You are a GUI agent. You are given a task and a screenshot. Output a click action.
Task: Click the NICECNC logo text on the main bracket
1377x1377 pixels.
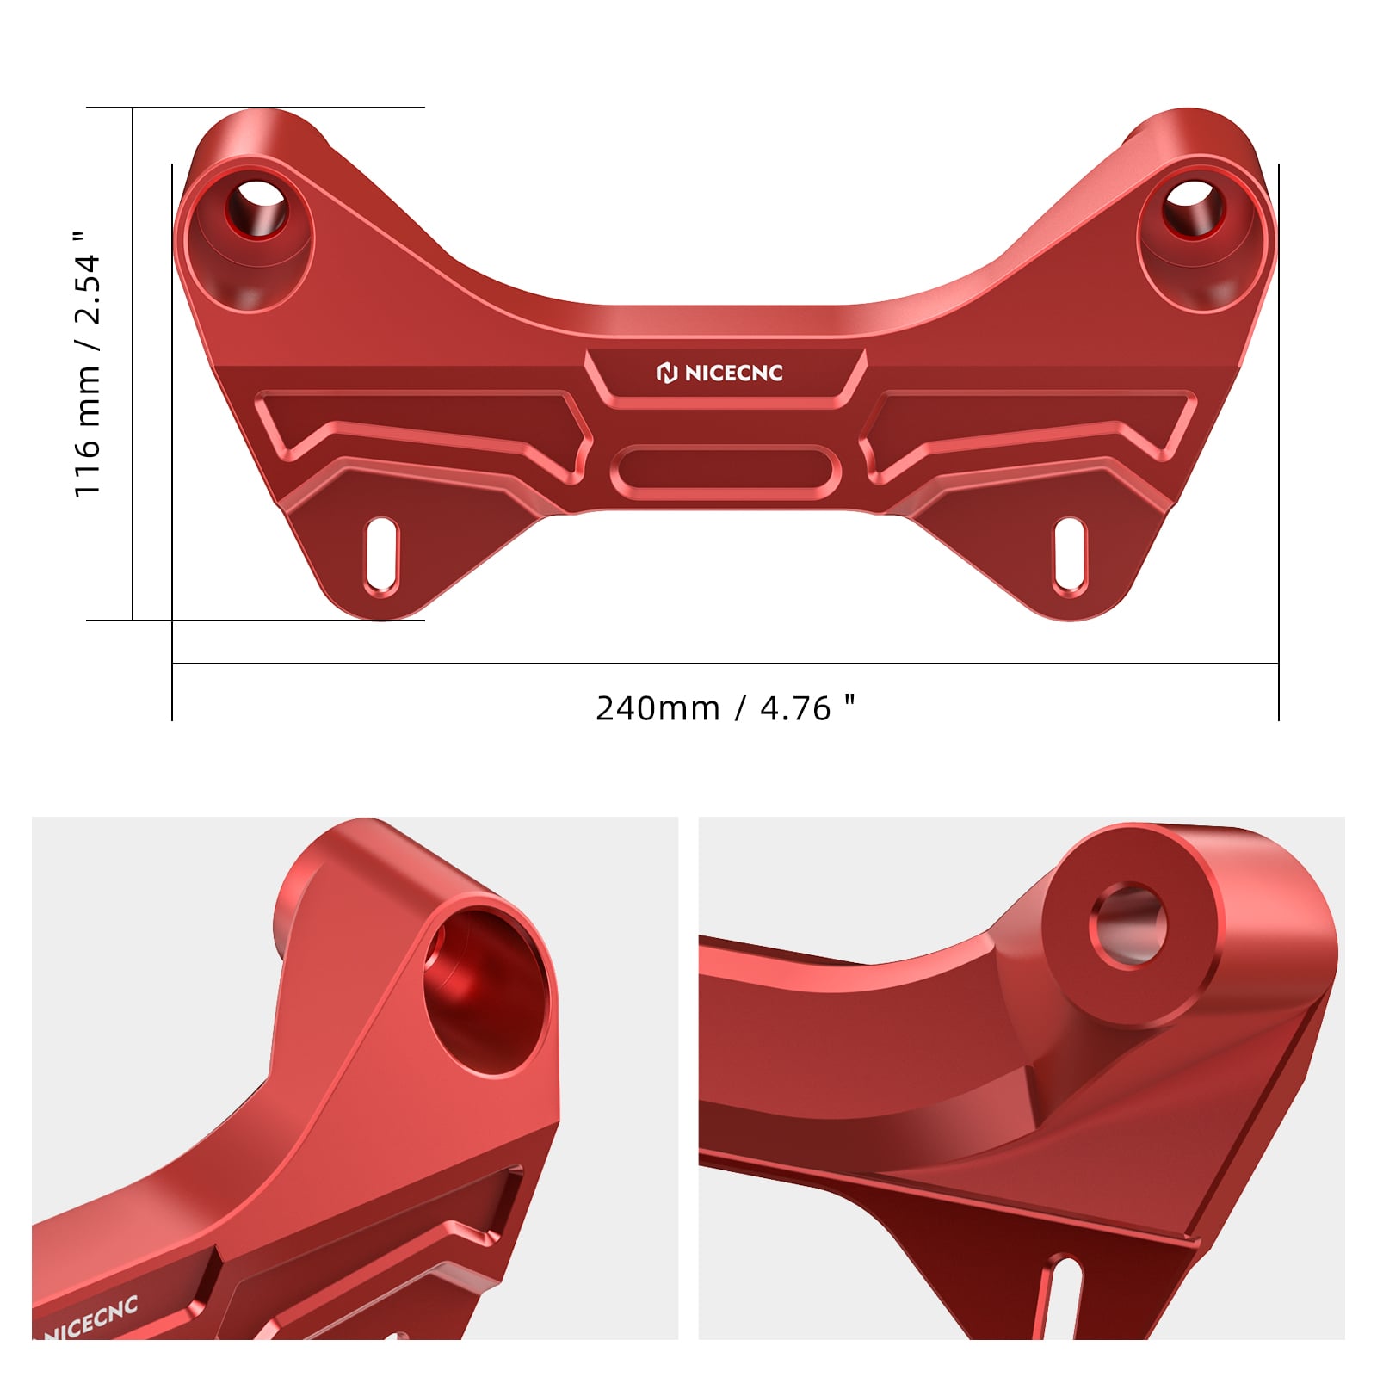pyautogui.click(x=733, y=373)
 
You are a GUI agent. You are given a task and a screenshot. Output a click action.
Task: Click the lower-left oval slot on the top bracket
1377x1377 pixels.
pyautogui.click(x=381, y=556)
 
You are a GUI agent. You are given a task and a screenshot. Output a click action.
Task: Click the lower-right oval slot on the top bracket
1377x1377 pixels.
pyautogui.click(x=1070, y=556)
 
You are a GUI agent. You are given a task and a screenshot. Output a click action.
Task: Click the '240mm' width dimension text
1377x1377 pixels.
pyautogui.click(x=658, y=708)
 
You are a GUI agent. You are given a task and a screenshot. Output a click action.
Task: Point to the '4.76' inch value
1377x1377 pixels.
pyautogui.click(x=795, y=708)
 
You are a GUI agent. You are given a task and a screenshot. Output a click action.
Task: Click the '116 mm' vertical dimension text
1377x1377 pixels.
pyautogui.click(x=88, y=430)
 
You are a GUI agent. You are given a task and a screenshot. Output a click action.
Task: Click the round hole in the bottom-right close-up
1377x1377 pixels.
pyautogui.click(x=1129, y=926)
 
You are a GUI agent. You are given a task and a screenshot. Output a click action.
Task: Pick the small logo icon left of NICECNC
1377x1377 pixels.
pyautogui.click(x=667, y=373)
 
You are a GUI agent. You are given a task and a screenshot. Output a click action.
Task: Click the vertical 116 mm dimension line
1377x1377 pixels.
pyautogui.click(x=133, y=361)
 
